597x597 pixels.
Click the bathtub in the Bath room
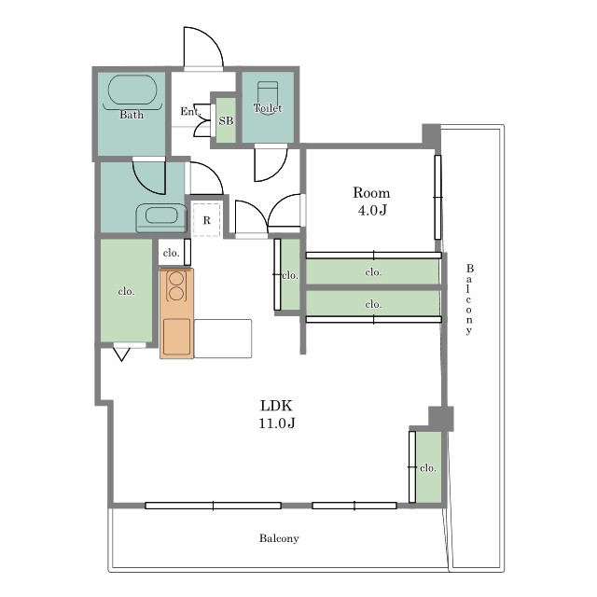[132, 90]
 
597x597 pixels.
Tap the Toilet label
[268, 108]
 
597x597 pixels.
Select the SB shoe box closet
[226, 120]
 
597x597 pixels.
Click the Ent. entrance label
[190, 111]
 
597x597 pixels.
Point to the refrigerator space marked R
[207, 220]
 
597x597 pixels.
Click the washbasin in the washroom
[161, 218]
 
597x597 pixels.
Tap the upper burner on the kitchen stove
[176, 278]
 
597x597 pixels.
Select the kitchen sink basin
[176, 337]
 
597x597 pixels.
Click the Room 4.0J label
[371, 201]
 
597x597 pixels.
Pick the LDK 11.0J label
[277, 414]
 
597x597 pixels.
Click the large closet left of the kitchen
[127, 290]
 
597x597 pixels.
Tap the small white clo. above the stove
[171, 253]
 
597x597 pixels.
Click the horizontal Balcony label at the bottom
[279, 538]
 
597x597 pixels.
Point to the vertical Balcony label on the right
[469, 299]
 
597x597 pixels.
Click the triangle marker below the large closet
[122, 354]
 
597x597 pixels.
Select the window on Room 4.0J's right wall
[437, 197]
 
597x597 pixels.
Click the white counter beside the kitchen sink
[223, 339]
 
